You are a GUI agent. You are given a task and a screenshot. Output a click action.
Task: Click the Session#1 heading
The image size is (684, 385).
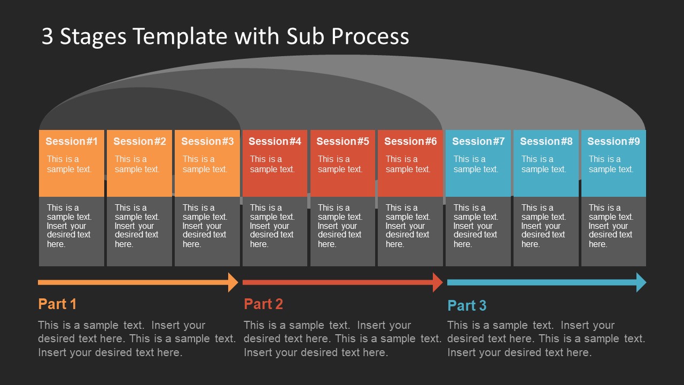click(72, 141)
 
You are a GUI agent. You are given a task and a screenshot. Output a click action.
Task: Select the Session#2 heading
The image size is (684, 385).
click(139, 141)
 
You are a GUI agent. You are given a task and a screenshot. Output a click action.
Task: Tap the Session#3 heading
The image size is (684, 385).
click(207, 141)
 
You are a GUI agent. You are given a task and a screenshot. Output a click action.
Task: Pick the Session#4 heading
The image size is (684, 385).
click(275, 141)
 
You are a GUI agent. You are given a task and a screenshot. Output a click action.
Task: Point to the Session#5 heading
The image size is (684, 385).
click(343, 141)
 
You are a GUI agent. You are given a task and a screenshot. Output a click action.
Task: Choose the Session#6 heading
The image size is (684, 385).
click(410, 141)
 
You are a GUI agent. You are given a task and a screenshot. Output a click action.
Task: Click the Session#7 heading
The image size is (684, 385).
click(478, 141)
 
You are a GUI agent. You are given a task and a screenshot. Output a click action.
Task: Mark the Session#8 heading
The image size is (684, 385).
click(546, 141)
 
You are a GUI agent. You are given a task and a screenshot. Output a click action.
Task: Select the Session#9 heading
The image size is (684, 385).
click(613, 141)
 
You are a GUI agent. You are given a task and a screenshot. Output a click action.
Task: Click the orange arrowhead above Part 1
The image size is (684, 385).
click(233, 282)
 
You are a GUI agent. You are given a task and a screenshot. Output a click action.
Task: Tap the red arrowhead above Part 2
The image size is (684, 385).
click(438, 282)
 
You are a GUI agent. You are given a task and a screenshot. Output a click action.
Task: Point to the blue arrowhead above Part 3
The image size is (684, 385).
click(641, 282)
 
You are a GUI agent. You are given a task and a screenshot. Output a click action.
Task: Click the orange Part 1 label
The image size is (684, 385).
click(57, 304)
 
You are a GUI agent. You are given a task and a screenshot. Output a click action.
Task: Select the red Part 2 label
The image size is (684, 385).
click(263, 304)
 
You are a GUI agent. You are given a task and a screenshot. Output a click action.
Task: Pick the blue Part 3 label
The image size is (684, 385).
click(467, 306)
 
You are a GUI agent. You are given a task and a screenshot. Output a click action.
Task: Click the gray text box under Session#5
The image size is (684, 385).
click(343, 231)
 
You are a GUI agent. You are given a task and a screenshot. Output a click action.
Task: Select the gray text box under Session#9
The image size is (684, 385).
click(613, 231)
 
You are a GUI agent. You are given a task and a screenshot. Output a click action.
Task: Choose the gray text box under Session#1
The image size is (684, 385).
click(72, 231)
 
